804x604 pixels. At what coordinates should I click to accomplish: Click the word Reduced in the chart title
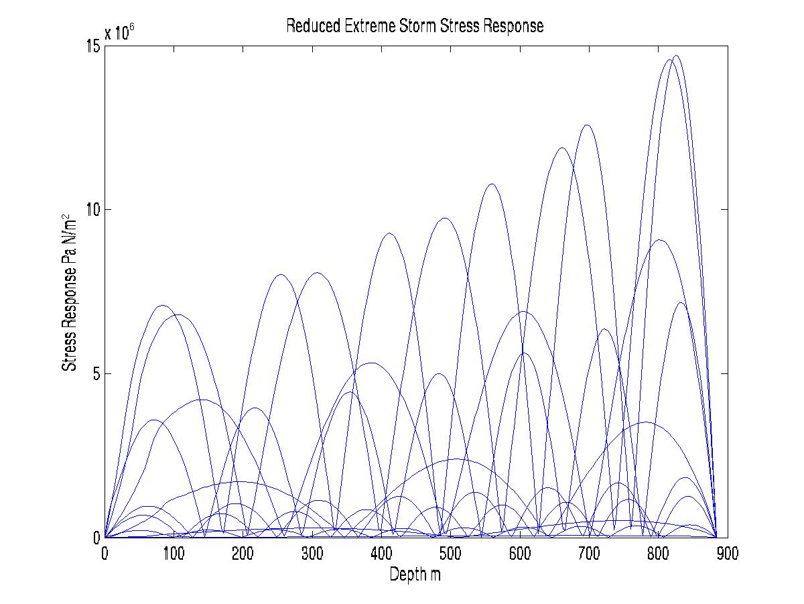[308, 26]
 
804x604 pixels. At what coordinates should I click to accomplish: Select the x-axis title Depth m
[415, 575]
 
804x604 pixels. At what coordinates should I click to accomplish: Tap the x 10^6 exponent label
[119, 34]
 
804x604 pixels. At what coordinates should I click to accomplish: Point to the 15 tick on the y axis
[93, 46]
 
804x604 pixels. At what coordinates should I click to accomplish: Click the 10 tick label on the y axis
[93, 209]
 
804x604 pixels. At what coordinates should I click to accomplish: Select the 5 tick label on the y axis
[96, 373]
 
